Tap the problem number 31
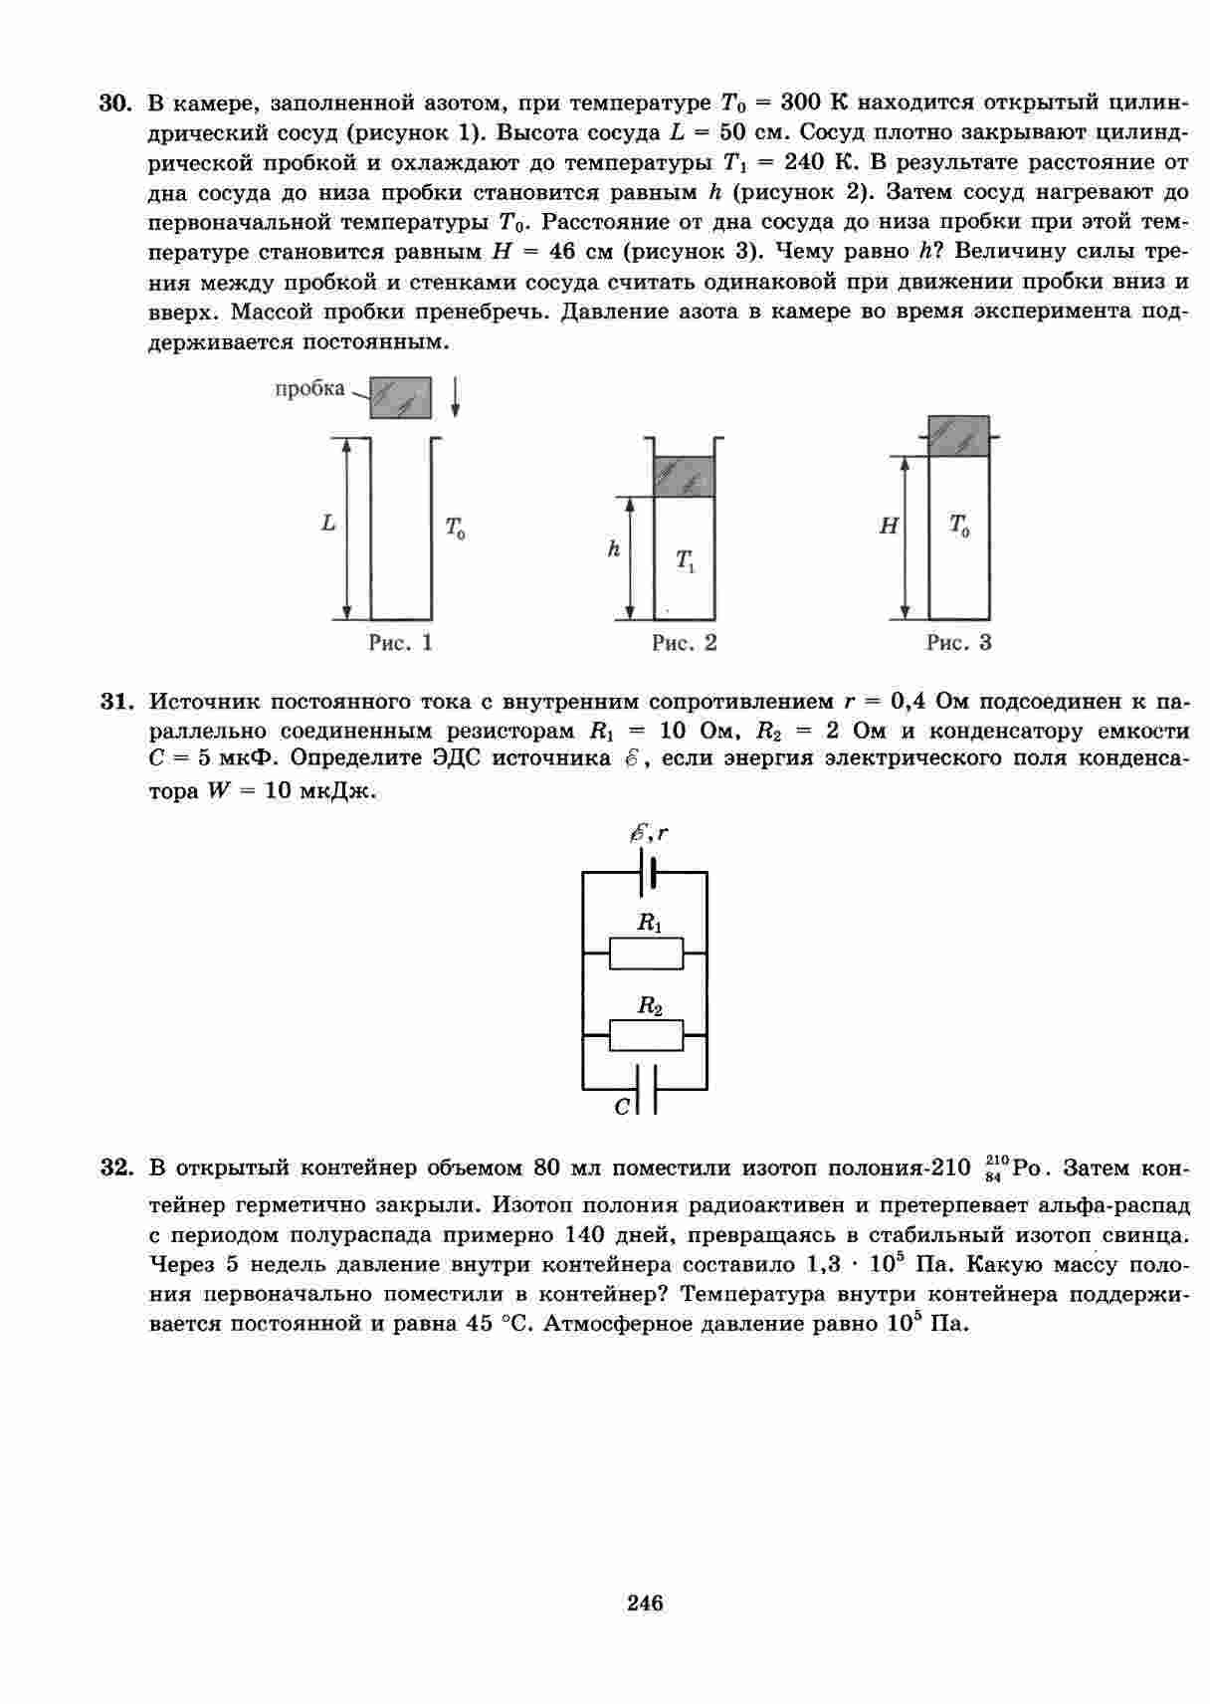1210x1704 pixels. pos(116,702)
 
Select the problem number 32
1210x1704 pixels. pos(116,1167)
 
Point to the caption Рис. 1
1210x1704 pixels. pos(400,643)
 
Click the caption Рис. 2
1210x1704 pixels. pos(684,643)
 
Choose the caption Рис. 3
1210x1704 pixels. pos(958,643)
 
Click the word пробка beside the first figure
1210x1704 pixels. pos(309,388)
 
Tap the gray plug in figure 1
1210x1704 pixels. pos(401,397)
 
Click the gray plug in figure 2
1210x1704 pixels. pos(685,476)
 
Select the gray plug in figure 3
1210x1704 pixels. pos(958,436)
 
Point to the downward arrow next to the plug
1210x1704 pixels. pos(455,398)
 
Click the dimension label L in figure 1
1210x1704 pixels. pos(328,523)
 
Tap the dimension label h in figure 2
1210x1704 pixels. pos(614,548)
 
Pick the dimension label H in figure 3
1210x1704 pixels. pos(888,527)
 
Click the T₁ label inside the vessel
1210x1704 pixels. pos(686,561)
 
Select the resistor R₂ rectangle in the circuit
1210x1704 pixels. pos(646,1035)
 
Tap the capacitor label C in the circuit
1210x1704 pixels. pos(622,1106)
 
